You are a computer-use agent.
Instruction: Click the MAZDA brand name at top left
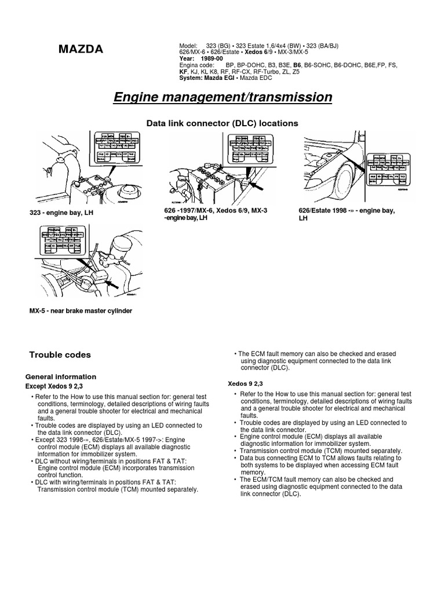(x=81, y=50)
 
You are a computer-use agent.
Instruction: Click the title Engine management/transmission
(x=222, y=97)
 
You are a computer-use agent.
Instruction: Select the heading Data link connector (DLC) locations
(x=222, y=123)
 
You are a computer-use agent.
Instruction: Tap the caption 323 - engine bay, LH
(x=61, y=213)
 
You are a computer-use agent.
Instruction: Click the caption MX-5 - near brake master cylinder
(x=81, y=311)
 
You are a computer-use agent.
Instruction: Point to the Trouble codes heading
(x=60, y=354)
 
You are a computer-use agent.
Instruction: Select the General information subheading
(x=60, y=376)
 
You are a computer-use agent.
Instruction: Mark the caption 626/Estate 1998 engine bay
(x=346, y=214)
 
